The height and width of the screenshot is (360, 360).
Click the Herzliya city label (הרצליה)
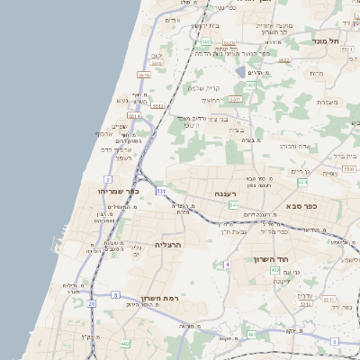(x=168, y=244)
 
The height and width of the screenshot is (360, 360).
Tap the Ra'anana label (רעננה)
(x=225, y=193)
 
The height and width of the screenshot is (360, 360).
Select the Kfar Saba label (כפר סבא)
(x=306, y=205)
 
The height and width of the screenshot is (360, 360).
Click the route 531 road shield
(x=160, y=191)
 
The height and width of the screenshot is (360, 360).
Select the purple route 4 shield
(x=228, y=264)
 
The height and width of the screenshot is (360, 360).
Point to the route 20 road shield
(x=92, y=303)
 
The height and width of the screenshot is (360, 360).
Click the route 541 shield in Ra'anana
(x=233, y=205)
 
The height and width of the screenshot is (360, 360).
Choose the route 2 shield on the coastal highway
(x=108, y=179)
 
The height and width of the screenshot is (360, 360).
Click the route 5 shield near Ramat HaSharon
(x=115, y=294)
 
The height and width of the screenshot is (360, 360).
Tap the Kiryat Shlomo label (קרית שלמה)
(x=204, y=87)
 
